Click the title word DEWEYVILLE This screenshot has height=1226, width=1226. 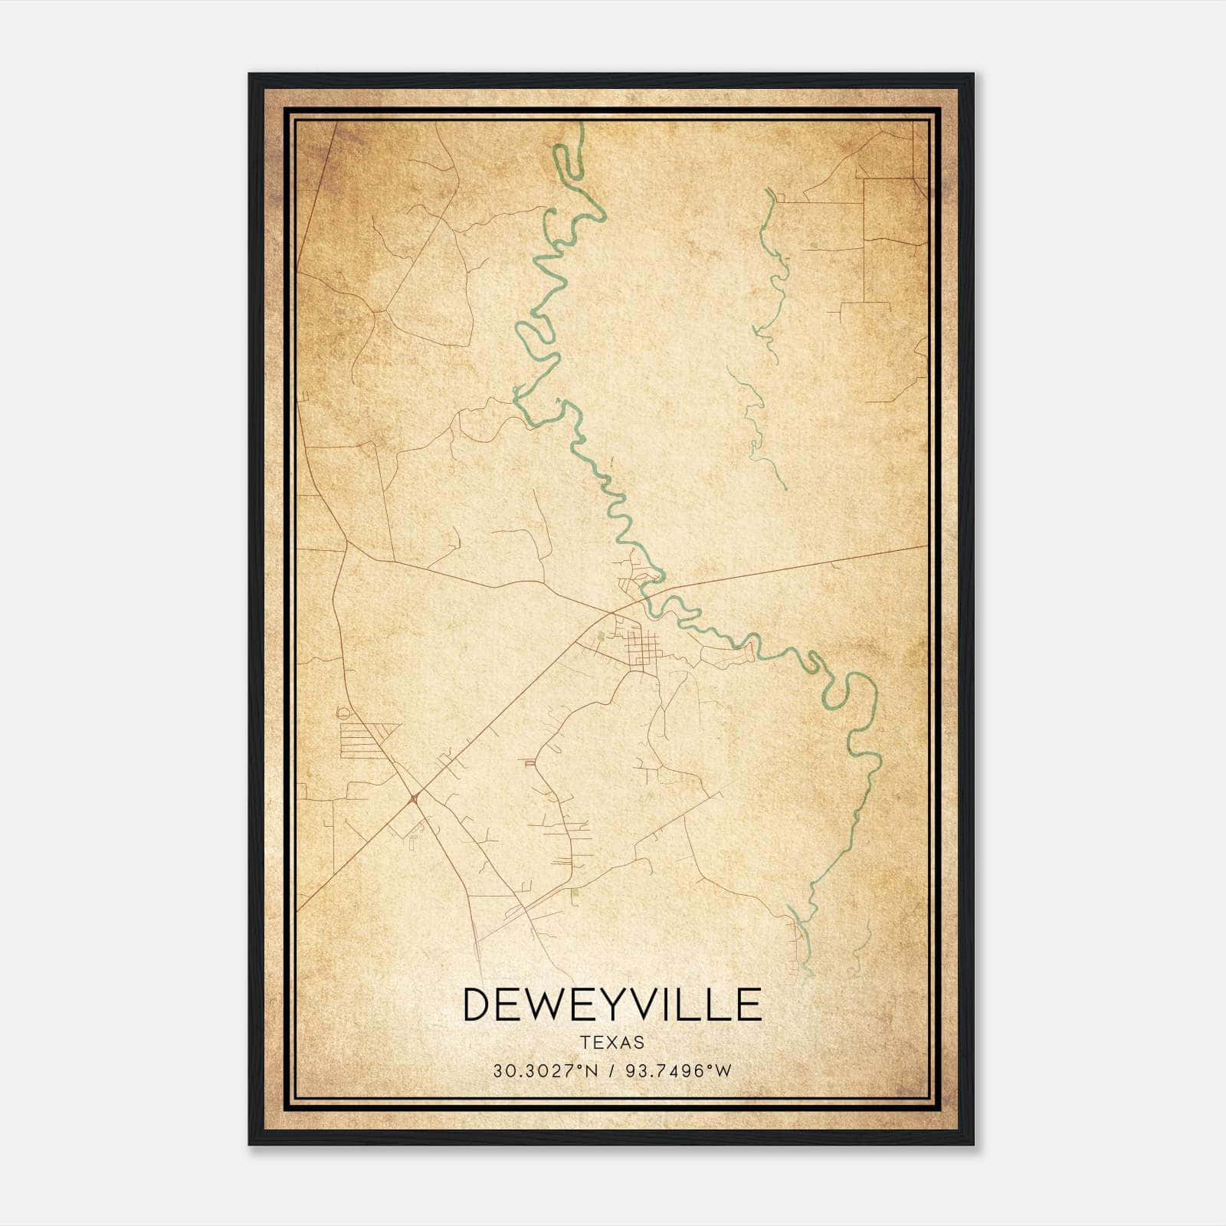pyautogui.click(x=612, y=1005)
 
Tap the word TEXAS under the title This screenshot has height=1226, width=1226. pyautogui.click(x=612, y=1043)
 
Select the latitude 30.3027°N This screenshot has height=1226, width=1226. pyautogui.click(x=544, y=1071)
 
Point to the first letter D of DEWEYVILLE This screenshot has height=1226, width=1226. pyautogui.click(x=477, y=1005)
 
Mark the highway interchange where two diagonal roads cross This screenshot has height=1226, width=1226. pyautogui.click(x=414, y=798)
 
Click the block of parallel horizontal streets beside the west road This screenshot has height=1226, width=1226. pyautogui.click(x=366, y=740)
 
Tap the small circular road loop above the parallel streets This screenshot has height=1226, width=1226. pyautogui.click(x=343, y=713)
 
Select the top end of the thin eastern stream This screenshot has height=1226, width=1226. pyautogui.click(x=769, y=192)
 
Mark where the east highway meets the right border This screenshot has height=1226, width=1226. pyautogui.click(x=927, y=546)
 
